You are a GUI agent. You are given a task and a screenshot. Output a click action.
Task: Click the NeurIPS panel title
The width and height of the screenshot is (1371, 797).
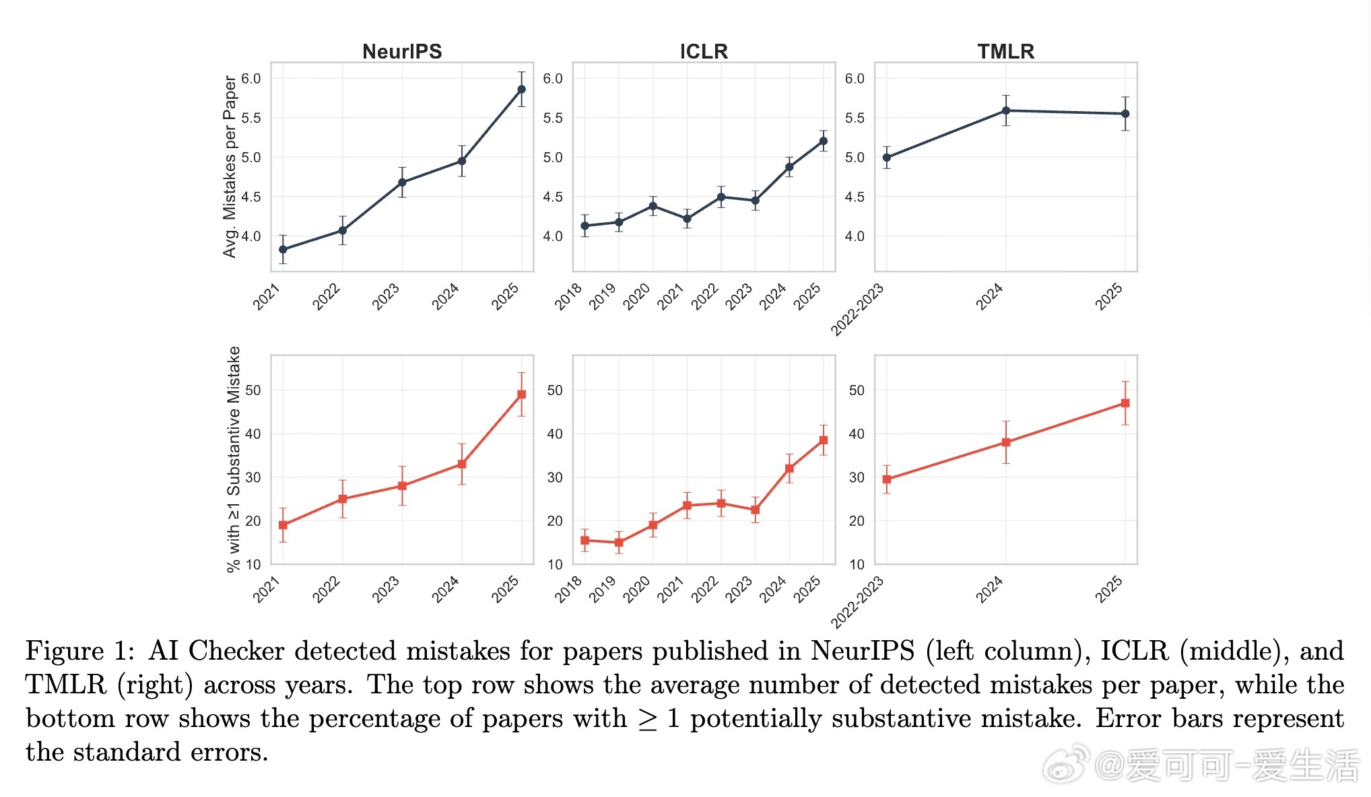coord(402,51)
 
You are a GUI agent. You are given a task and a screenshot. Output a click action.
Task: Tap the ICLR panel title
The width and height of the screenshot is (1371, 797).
coord(704,51)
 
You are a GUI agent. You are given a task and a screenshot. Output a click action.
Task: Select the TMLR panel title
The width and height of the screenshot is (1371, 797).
coord(1005,51)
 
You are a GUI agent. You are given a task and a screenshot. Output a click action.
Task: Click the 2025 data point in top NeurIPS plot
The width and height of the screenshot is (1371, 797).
coord(521,89)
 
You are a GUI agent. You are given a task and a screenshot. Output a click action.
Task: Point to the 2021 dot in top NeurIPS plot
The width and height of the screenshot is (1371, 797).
coord(283,249)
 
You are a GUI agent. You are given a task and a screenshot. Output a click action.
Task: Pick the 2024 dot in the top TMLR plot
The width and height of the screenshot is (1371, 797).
coord(1005,110)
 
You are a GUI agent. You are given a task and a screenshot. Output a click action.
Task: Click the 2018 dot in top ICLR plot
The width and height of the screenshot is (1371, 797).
coord(584,226)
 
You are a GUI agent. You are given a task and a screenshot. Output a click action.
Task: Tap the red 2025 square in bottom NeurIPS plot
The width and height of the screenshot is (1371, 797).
coord(521,394)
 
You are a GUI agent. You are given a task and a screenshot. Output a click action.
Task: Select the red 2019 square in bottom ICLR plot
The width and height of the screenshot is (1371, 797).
coord(619,543)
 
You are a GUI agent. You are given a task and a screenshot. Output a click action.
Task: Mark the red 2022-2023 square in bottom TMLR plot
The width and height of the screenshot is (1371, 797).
coord(887,479)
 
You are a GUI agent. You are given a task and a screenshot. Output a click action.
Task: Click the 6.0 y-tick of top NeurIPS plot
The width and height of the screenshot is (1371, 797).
coord(251,79)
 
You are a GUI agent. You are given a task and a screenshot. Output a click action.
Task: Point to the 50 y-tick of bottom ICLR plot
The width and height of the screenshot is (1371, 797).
coord(555,390)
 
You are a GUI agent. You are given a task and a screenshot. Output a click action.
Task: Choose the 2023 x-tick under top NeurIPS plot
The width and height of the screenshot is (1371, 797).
coord(387,297)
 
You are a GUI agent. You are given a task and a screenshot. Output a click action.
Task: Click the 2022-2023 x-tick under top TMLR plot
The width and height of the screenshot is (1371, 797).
coord(857,310)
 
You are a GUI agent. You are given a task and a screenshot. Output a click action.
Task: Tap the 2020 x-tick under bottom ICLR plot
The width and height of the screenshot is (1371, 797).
coord(637,589)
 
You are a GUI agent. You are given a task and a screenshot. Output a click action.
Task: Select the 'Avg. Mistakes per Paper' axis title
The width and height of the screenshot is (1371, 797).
coord(230,166)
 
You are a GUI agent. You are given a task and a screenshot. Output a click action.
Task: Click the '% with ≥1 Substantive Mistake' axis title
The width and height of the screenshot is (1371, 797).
coord(233,459)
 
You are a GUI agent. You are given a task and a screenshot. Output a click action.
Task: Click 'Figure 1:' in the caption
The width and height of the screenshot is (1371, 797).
coord(80,651)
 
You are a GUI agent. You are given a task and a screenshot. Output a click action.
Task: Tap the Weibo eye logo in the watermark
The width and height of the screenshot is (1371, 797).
coord(1066,765)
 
